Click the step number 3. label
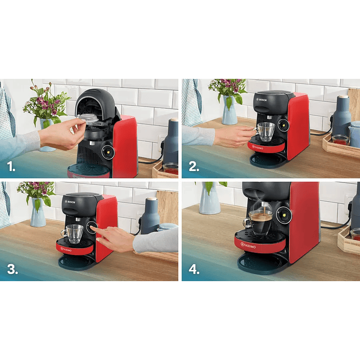[11, 269]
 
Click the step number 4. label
[193, 269]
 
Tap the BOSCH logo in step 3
[70, 202]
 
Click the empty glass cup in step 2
[266, 132]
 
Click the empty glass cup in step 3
[74, 234]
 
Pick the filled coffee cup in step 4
[260, 222]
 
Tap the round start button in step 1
[108, 151]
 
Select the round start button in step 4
[285, 216]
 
